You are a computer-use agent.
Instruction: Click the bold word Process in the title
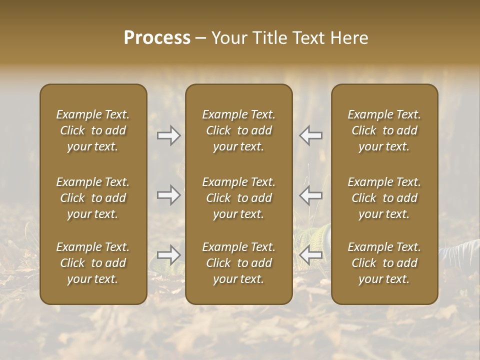157,38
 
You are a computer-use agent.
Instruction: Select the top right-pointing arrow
169,135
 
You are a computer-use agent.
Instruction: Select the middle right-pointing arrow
169,194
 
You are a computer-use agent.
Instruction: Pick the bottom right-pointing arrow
169,255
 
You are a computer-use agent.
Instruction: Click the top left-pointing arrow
311,135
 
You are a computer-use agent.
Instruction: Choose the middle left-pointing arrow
311,194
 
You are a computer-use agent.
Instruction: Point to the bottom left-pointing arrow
311,255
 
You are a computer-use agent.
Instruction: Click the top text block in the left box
93,130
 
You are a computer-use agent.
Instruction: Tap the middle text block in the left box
93,198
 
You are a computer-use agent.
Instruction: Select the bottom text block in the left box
93,263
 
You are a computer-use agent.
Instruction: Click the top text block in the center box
239,130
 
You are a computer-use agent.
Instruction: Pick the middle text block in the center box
239,198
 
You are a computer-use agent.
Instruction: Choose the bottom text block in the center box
239,263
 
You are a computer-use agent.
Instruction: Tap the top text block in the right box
384,130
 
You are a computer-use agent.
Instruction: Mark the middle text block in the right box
384,198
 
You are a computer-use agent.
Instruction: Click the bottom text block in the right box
384,263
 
